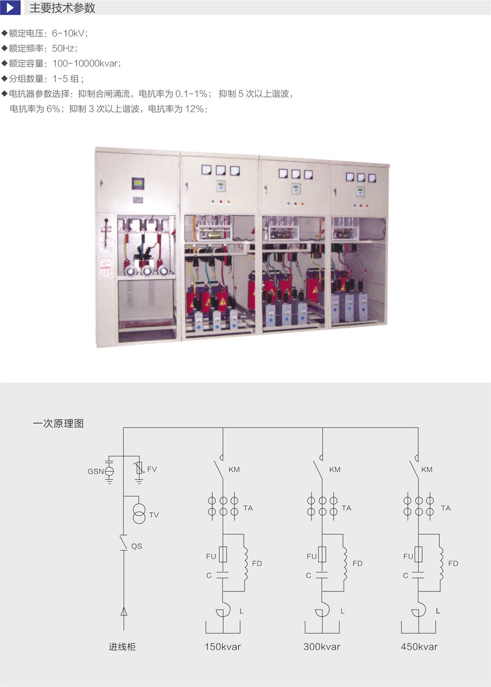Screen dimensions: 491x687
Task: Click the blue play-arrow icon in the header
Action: tap(10, 8)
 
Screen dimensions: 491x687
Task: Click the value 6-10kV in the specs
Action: tap(69, 33)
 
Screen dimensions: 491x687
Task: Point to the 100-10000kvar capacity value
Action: tap(86, 63)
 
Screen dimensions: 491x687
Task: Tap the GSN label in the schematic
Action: tap(96, 472)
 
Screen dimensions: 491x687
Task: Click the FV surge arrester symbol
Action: tap(139, 469)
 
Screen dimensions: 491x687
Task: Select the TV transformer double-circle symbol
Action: tap(139, 514)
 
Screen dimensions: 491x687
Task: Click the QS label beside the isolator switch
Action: tap(136, 546)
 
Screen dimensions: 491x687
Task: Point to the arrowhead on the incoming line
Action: tap(124, 612)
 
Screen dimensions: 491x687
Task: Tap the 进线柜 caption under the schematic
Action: tap(122, 647)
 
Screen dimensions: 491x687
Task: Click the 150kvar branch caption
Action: tap(223, 647)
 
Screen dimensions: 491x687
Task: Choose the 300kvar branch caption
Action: tap(322, 647)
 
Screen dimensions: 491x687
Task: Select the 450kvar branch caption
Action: tap(419, 647)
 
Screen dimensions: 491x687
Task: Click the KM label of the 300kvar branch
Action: tap(335, 469)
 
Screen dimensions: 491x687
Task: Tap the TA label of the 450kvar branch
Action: tap(446, 508)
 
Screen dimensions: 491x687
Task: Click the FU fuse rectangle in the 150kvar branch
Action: tap(223, 554)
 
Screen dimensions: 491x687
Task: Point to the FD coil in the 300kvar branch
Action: tap(345, 564)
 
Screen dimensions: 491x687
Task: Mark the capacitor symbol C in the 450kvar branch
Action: tap(418, 575)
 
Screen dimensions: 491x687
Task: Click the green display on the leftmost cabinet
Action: tap(138, 183)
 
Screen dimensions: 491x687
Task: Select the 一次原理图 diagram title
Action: tap(58, 424)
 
